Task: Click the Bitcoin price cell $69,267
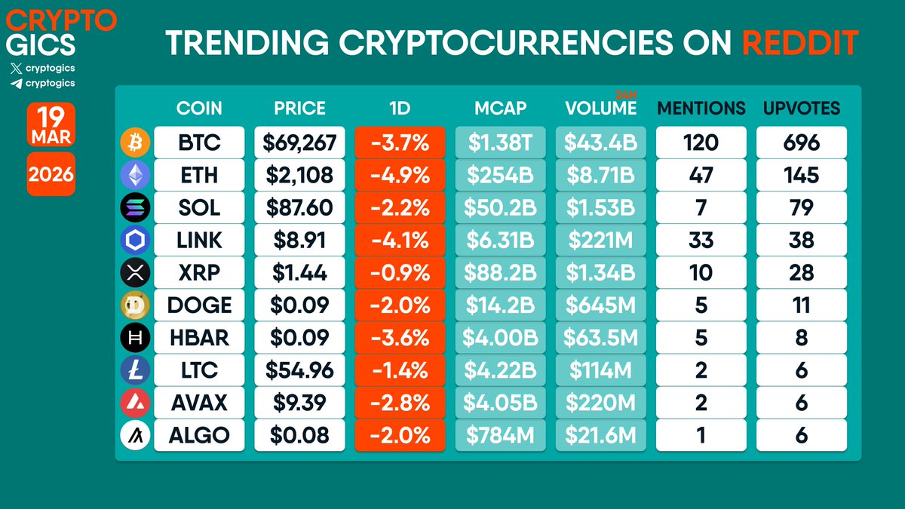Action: coord(299,143)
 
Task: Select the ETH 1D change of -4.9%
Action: coord(400,175)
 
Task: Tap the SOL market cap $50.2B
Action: coord(500,207)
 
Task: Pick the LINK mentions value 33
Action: coord(701,240)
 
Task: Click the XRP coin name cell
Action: coord(199,272)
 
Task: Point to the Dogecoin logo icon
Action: coord(135,305)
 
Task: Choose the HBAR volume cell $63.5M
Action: coord(600,338)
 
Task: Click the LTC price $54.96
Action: coord(299,370)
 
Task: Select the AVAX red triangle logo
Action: coord(135,403)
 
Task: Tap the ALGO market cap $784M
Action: coord(500,435)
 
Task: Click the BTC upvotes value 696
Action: coord(801,143)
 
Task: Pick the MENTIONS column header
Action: coord(701,108)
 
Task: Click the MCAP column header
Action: coord(500,108)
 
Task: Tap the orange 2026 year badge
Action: coord(51,175)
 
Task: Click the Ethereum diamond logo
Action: coord(135,175)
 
